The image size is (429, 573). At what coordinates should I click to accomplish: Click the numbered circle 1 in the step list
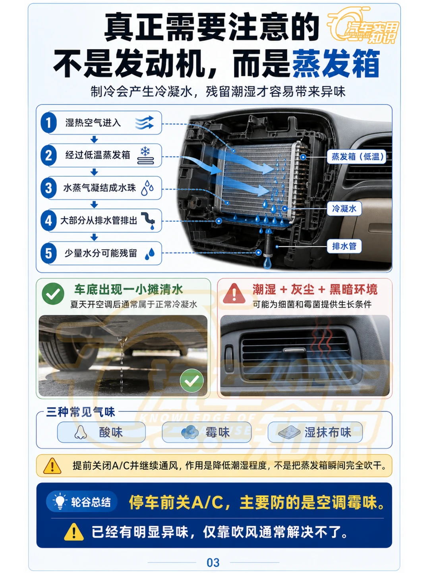coord(48,123)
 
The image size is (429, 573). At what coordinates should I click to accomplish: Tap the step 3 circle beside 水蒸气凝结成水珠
coord(48,188)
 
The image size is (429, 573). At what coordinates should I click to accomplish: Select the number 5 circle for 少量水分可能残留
coord(48,253)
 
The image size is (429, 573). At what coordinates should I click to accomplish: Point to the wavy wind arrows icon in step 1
coord(145,122)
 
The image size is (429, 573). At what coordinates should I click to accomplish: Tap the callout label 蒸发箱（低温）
coord(356,156)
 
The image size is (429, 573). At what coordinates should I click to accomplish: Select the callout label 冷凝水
coord(344,208)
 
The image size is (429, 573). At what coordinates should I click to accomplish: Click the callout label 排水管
coord(344,246)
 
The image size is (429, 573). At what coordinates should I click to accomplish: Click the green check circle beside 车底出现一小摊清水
coord(53,294)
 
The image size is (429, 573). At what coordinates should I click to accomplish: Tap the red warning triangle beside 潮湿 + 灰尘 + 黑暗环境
coord(234,294)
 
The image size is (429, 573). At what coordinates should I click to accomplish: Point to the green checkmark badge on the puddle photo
coord(191,380)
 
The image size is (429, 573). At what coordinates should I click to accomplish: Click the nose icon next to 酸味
coord(80,432)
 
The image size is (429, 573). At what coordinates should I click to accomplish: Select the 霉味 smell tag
coord(207,432)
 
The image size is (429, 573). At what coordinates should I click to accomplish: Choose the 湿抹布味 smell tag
coord(315,432)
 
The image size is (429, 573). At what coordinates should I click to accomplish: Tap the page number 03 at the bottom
coord(213,563)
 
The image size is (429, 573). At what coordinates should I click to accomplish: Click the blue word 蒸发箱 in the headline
coord(336,64)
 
